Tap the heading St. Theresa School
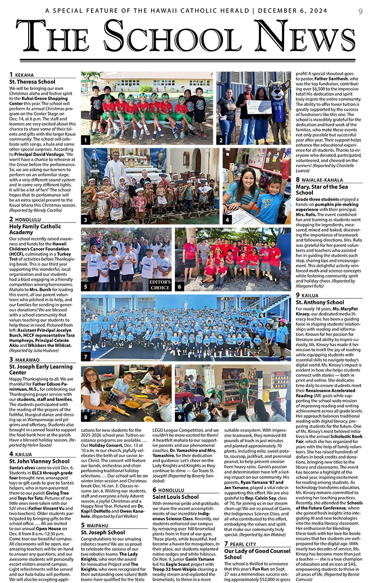pos(33,82)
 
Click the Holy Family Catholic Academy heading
pos(36,229)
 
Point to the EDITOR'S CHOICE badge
pos(160,285)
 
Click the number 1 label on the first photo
pos(86,140)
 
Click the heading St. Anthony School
pos(320,302)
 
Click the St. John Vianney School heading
pos(39,461)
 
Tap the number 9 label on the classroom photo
pos(180,417)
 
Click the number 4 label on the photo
pos(227,220)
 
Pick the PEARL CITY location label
pos(245,545)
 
